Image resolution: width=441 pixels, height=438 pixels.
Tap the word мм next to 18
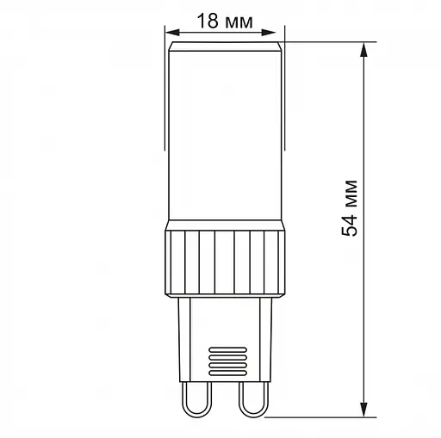tap(239, 22)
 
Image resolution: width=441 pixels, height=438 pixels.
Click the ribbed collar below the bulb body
tap(224, 262)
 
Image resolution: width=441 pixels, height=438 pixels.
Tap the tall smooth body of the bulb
tap(224, 138)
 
